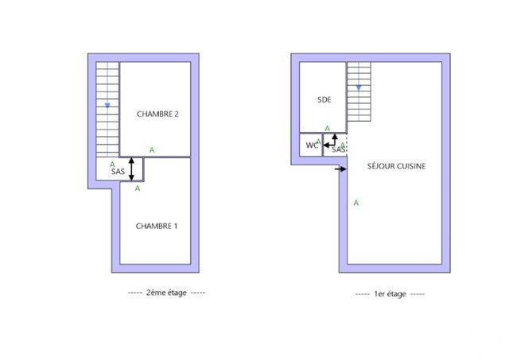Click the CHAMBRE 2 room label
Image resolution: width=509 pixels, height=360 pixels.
click(x=157, y=114)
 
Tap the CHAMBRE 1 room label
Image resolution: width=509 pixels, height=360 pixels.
click(x=157, y=226)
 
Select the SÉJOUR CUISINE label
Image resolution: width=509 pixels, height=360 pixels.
click(x=395, y=167)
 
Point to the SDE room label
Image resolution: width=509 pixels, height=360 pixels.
click(x=324, y=99)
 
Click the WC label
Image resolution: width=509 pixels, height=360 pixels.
click(x=310, y=145)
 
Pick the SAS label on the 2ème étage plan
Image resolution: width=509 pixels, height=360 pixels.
click(x=118, y=172)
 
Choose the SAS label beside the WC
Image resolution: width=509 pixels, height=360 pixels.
click(x=338, y=149)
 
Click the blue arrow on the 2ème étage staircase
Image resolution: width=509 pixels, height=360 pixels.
click(x=107, y=105)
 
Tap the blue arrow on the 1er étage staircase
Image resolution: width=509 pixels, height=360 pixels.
click(x=359, y=87)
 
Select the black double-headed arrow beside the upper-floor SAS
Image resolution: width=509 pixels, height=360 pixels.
click(x=132, y=170)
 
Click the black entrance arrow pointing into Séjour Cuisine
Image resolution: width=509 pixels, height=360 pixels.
click(x=340, y=168)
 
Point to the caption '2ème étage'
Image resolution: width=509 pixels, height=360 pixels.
click(x=166, y=292)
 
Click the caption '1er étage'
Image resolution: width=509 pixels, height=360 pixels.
click(x=390, y=294)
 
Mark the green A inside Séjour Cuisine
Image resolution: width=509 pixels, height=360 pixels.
click(x=356, y=203)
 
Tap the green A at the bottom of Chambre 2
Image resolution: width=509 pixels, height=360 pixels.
click(x=152, y=149)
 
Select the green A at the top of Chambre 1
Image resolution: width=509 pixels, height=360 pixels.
click(x=138, y=189)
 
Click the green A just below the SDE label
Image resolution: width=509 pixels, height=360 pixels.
click(x=327, y=129)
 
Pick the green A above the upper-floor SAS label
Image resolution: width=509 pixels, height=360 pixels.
click(x=112, y=164)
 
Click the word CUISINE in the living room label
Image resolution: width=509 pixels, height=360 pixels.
click(x=410, y=167)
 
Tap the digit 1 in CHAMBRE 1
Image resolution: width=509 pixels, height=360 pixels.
click(x=175, y=226)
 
